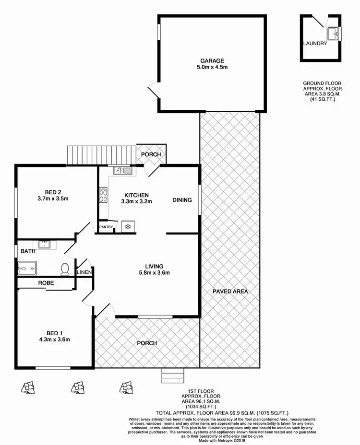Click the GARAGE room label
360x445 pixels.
point(212,61)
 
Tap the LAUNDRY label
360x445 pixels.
point(315,43)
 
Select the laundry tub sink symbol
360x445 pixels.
point(334,33)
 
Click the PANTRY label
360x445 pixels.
point(106,227)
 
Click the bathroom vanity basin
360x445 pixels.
point(45,244)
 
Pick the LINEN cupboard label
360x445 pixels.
point(84,273)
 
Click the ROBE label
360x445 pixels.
point(46,283)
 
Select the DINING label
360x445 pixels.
point(182,200)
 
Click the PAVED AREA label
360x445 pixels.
point(230,291)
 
